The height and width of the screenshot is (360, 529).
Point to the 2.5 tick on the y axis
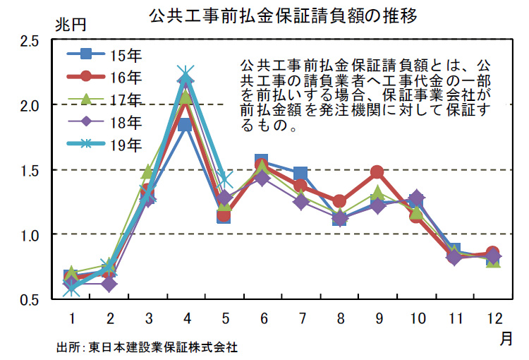(29, 41)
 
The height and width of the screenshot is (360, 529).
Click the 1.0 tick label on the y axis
(29, 234)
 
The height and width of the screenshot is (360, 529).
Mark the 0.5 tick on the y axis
(29, 299)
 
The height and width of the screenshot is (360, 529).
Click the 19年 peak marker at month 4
(186, 74)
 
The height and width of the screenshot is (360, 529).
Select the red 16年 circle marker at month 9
(377, 172)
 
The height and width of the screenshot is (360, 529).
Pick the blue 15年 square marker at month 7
(300, 174)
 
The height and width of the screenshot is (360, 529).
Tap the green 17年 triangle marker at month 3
(147, 172)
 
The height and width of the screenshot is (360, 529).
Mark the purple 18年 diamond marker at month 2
(109, 284)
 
